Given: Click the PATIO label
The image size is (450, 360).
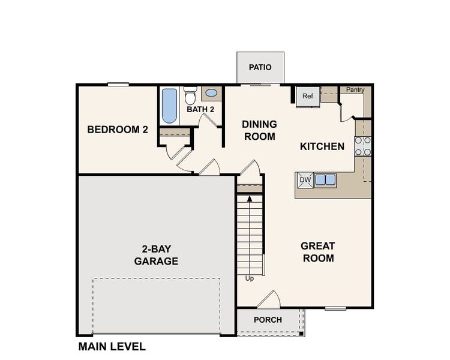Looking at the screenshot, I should (260, 67).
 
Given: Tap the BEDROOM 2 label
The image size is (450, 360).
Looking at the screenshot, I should (118, 129).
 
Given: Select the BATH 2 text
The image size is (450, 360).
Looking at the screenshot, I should (200, 110).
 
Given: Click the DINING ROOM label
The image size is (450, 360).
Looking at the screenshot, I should (259, 130).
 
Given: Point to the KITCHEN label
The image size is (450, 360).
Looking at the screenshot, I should (322, 146).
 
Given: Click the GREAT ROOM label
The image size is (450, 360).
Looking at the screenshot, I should (317, 252).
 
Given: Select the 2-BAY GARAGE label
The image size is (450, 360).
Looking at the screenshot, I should (156, 255).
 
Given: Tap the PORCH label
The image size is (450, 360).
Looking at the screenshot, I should (268, 320).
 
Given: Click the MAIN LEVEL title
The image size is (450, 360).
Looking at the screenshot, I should (112, 347).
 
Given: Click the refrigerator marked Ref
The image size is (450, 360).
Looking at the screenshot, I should (308, 97).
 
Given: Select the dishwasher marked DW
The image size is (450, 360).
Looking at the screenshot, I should (305, 179).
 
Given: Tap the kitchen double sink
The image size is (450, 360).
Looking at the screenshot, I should (325, 179).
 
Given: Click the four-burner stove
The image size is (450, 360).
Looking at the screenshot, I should (363, 146).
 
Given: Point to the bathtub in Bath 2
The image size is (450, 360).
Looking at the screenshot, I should (170, 106).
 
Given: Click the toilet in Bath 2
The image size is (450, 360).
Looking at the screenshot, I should (190, 96).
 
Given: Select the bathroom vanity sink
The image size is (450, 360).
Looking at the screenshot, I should (211, 93).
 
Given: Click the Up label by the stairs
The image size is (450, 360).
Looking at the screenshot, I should (250, 279).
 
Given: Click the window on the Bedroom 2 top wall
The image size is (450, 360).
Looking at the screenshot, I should (118, 85).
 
